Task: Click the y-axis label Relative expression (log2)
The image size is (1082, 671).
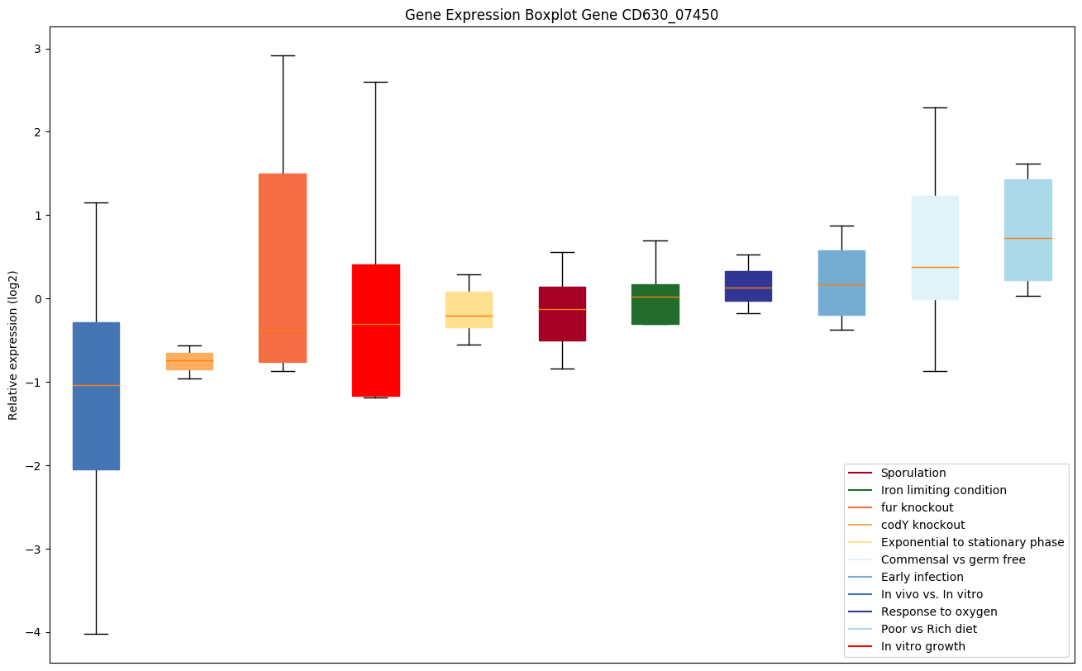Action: (13, 345)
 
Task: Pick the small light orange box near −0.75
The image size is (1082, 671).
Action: (189, 361)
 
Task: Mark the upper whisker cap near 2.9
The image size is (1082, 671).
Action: (283, 55)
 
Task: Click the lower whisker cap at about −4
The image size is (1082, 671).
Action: (96, 634)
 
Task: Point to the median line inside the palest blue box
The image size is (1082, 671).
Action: (935, 267)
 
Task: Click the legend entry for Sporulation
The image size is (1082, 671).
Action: (913, 473)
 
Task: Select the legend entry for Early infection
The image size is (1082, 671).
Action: (922, 577)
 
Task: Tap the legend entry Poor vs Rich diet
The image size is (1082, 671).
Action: (928, 629)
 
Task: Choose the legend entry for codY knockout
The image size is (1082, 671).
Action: (922, 525)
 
